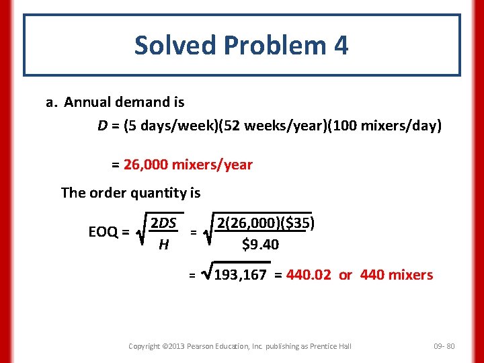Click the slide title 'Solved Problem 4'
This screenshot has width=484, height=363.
(x=241, y=46)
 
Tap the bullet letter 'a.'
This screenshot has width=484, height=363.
(x=52, y=103)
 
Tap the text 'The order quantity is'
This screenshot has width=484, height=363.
(x=130, y=193)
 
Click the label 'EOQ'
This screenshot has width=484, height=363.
(x=104, y=233)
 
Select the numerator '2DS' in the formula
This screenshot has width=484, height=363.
(x=163, y=223)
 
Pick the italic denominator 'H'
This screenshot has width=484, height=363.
(x=163, y=245)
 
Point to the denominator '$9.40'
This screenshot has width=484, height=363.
(x=260, y=245)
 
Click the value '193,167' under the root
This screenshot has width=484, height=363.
(x=240, y=275)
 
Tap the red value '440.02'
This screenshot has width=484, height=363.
(x=309, y=275)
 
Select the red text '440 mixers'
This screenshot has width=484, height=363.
(x=397, y=275)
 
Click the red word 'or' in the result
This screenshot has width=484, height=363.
(x=346, y=275)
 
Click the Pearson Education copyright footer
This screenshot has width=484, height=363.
(x=240, y=346)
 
